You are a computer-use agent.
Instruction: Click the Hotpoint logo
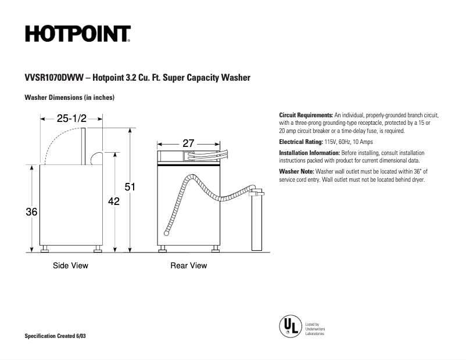point(77,34)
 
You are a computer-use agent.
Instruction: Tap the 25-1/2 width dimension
point(71,118)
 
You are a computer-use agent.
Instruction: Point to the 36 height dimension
point(31,213)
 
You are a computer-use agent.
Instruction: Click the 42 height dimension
point(114,201)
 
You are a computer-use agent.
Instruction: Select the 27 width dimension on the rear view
point(188,142)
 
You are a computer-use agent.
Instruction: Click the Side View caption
point(70,266)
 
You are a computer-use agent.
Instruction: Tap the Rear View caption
point(188,266)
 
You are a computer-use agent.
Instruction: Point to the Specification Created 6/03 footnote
point(59,337)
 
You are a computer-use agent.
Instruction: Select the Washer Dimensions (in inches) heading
point(69,98)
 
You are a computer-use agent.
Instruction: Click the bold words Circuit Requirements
point(306,116)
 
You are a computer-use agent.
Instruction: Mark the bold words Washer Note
point(296,172)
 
